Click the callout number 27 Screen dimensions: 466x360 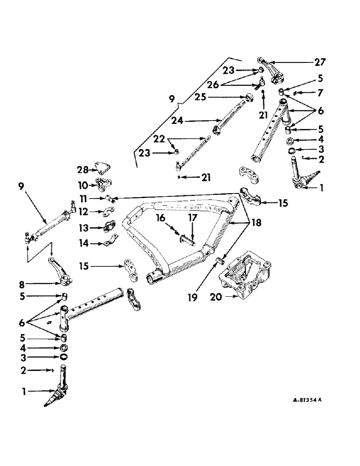tap(320, 61)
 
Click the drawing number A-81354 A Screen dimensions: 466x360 tap(301, 400)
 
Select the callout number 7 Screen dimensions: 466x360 tap(320, 93)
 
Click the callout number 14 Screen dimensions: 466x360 tap(83, 243)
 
